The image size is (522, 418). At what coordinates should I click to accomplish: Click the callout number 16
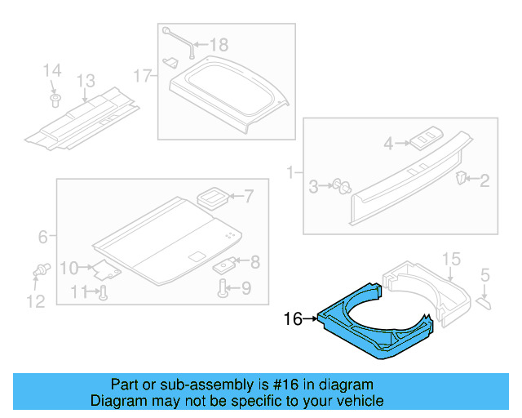[x=293, y=319]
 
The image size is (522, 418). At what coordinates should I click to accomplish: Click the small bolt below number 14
[x=55, y=100]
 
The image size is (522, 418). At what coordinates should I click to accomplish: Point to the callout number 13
[x=86, y=81]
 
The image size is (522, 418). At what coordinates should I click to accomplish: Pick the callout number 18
[x=220, y=44]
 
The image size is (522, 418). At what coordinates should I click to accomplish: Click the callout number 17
[x=143, y=77]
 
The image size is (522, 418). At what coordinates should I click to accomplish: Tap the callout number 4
[x=389, y=144]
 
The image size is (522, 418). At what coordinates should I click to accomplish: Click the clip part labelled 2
[x=462, y=177]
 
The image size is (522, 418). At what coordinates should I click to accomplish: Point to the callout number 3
[x=313, y=188]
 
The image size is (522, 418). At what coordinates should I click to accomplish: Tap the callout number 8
[x=254, y=262]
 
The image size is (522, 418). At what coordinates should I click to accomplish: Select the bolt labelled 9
[x=223, y=287]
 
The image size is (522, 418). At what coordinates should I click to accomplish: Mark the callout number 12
[x=35, y=301]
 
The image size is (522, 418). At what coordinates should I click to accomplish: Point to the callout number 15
[x=451, y=260]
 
